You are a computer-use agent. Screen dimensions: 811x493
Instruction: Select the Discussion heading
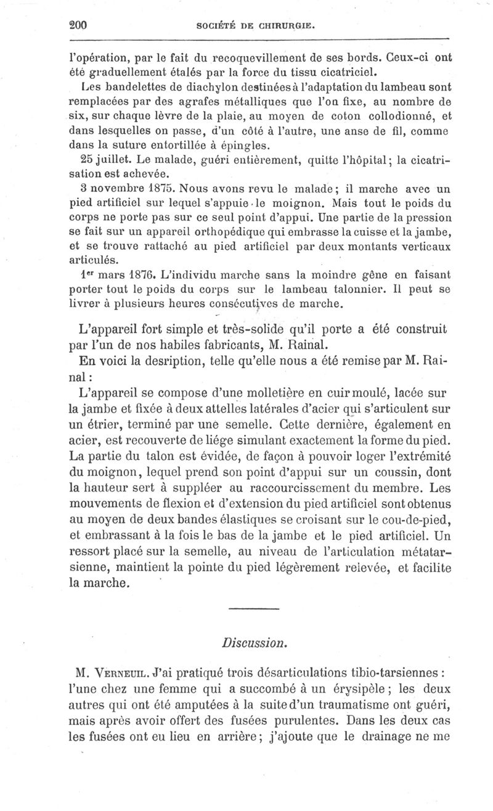pyautogui.click(x=254, y=642)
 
